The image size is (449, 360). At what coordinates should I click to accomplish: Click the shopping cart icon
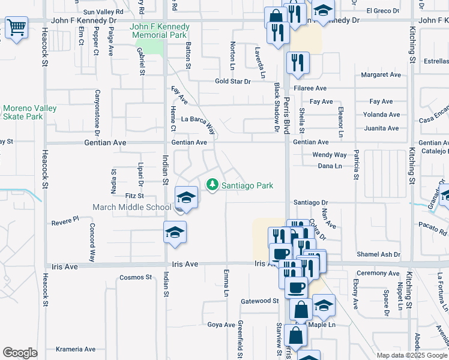[16, 28]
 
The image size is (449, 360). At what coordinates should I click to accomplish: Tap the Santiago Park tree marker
[212, 185]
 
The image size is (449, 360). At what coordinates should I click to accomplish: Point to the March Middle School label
[131, 208]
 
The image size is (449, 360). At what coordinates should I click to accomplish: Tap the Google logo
[20, 353]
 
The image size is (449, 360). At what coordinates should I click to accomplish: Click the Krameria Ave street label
[76, 349]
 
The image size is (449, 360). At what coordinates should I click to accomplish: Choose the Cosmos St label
[136, 277]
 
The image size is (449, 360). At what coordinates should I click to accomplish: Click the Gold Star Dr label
[232, 82]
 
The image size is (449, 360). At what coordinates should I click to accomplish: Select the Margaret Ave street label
[381, 75]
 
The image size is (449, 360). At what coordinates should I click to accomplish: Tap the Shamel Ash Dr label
[378, 254]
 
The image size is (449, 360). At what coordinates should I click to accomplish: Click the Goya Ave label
[221, 325]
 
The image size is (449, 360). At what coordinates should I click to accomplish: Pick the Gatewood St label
[260, 301]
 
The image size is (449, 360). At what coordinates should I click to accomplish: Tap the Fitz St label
[134, 196]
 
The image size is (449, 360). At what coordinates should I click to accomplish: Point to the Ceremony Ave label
[378, 274]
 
